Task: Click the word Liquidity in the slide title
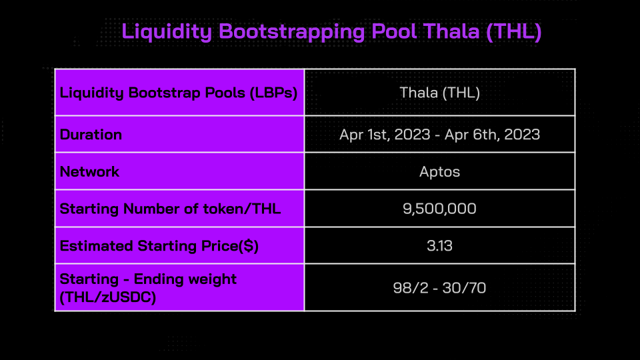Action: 167,32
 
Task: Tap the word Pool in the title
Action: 394,31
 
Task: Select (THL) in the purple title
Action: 514,32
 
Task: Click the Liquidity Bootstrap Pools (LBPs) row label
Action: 179,93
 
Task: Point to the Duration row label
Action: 91,135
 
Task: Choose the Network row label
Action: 89,172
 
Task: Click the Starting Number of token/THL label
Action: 170,209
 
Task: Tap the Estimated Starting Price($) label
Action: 159,246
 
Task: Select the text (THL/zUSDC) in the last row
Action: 108,297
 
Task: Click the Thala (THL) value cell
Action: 439,93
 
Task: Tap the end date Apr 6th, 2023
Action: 492,135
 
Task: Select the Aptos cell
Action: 439,172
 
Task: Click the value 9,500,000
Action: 439,209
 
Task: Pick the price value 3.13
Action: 439,246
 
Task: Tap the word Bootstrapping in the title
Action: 291,32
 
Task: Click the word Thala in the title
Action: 451,31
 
